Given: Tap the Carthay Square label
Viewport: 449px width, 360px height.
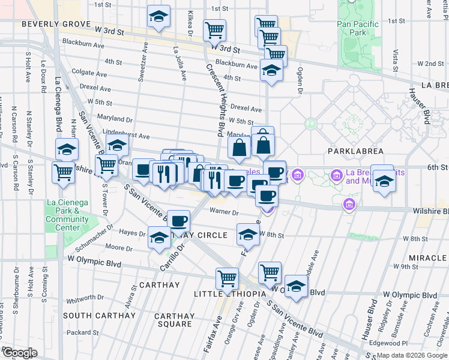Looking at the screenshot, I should (174, 320).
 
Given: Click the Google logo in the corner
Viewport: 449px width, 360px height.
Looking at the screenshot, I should (19, 353).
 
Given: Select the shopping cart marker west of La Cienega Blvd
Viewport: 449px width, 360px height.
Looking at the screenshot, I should (64, 172).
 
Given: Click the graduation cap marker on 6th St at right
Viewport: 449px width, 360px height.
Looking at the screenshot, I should (382, 179).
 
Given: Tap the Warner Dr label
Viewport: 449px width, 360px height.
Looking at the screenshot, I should (224, 211).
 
